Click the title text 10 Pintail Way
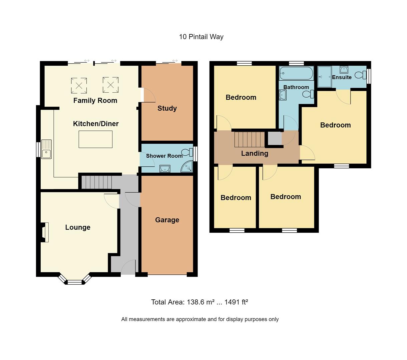[201, 37]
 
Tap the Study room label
[167, 108]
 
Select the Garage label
[167, 220]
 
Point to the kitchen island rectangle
[95, 139]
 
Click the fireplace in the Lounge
[44, 232]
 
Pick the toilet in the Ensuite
[360, 75]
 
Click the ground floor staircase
[97, 182]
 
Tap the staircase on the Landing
[249, 139]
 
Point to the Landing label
[255, 153]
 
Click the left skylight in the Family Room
[79, 85]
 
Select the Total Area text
[199, 302]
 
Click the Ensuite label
[342, 77]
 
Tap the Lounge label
[78, 227]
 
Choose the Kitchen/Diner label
[96, 124]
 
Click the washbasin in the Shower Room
[165, 168]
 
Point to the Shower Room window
[195, 154]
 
